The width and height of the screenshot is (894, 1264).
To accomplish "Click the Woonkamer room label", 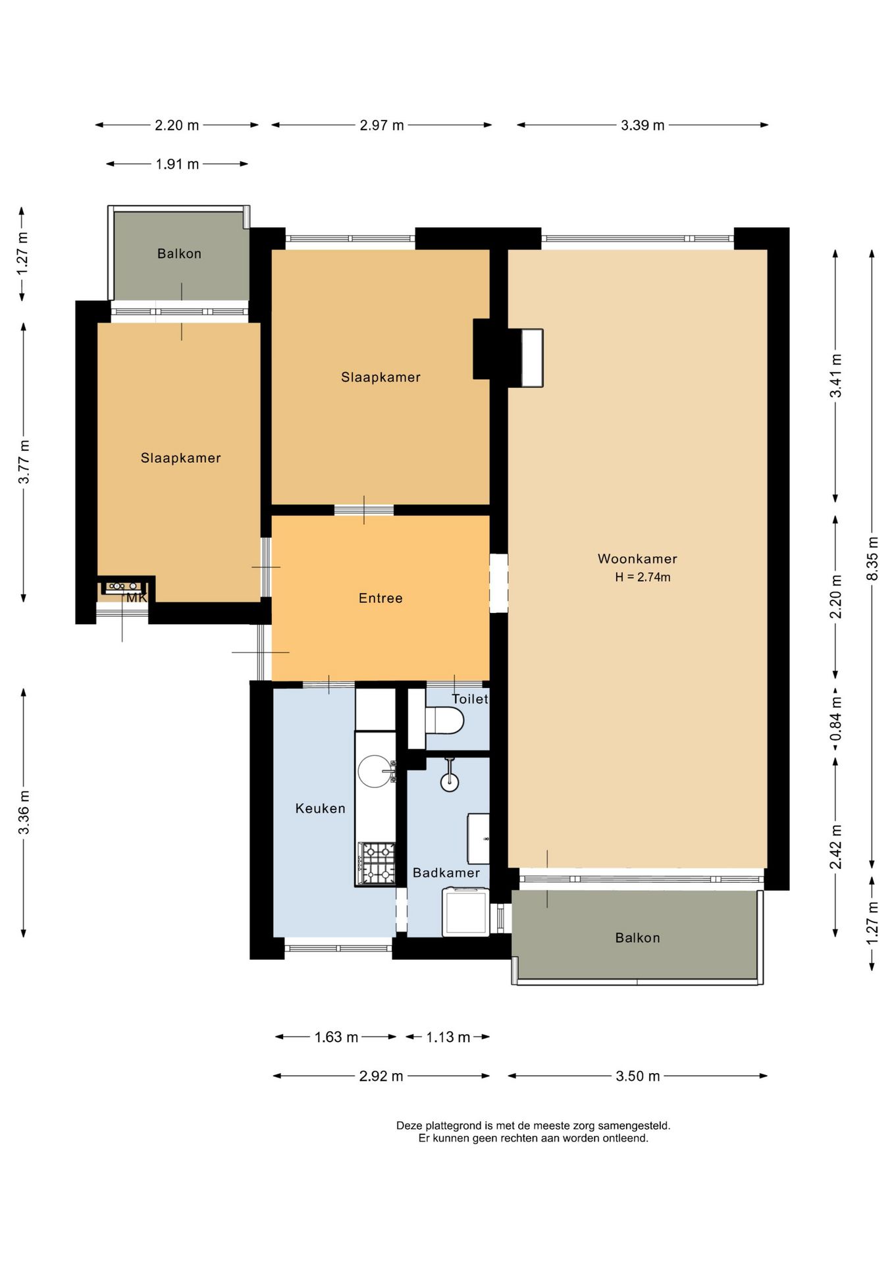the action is pos(637,559).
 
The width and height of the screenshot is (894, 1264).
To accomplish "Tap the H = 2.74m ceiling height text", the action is pos(643,577).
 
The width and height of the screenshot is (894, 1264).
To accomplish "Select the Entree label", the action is pos(381,598).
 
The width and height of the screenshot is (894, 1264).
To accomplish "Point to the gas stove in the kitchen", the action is pos(377,863).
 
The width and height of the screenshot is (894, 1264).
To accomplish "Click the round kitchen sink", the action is pos(374,772).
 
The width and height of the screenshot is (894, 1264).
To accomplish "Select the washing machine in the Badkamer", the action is pos(465,912).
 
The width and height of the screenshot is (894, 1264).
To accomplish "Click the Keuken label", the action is pos(320,808).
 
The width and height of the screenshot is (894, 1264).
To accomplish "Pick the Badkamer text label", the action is pos(446,873).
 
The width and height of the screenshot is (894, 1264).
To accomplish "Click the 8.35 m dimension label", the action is pos(873,559).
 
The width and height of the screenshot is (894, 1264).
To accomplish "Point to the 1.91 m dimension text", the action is pos(177,164).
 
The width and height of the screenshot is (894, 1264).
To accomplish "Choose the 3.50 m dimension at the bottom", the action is pos(637,1076).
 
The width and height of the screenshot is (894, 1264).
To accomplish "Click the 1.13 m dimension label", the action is pos(448,1038).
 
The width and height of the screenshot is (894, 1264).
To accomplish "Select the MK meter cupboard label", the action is pos(136,598).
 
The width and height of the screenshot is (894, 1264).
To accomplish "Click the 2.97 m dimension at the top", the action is pos(382,125).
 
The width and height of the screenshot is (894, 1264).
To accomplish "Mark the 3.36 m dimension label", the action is pos(24,812).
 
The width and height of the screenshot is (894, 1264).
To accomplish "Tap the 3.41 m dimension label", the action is pos(835,376).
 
